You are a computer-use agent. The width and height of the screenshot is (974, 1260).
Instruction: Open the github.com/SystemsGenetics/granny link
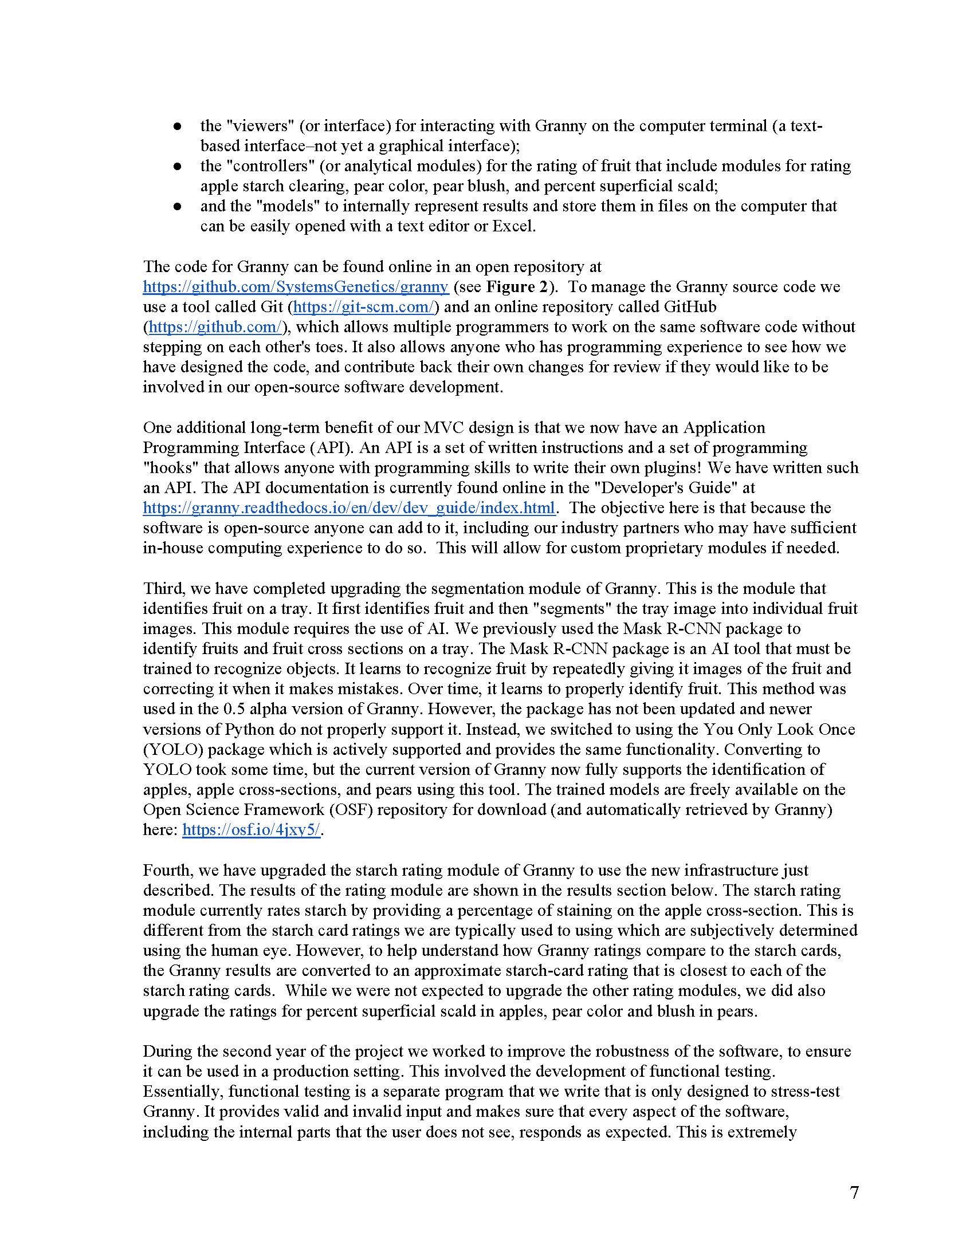coord(296,287)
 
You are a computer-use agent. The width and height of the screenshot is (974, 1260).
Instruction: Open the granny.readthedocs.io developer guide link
coord(349,507)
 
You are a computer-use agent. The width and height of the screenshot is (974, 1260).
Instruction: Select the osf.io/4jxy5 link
coord(252,830)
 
